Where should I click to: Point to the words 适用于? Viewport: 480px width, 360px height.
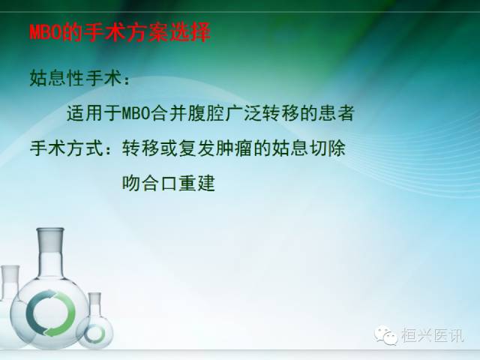[93, 113]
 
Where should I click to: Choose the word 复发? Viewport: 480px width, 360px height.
[196, 148]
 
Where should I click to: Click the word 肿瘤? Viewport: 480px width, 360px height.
[233, 148]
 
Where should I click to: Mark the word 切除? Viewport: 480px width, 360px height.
[328, 148]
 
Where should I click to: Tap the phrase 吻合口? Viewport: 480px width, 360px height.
[149, 183]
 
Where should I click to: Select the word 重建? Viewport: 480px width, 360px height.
[196, 183]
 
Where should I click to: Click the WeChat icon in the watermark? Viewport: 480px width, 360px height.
[390, 336]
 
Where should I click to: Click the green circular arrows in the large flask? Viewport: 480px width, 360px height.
[50, 310]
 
